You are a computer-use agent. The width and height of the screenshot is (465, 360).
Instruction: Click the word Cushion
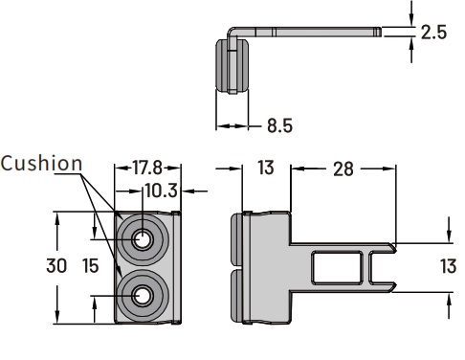click(41, 163)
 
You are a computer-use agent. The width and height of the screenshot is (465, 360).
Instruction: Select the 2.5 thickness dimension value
click(433, 33)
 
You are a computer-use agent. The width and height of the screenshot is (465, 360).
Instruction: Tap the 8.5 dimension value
click(279, 125)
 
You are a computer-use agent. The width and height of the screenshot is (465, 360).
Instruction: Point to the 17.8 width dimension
click(147, 168)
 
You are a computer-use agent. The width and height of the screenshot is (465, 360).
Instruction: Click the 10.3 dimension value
click(161, 191)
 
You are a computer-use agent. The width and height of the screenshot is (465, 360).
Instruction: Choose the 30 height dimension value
click(56, 265)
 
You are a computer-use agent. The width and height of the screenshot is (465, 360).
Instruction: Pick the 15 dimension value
click(91, 265)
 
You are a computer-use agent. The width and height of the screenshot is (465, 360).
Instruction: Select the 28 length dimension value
click(343, 169)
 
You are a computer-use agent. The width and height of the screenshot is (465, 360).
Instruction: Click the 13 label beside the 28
click(266, 168)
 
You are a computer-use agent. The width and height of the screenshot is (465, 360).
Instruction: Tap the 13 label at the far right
click(449, 266)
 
